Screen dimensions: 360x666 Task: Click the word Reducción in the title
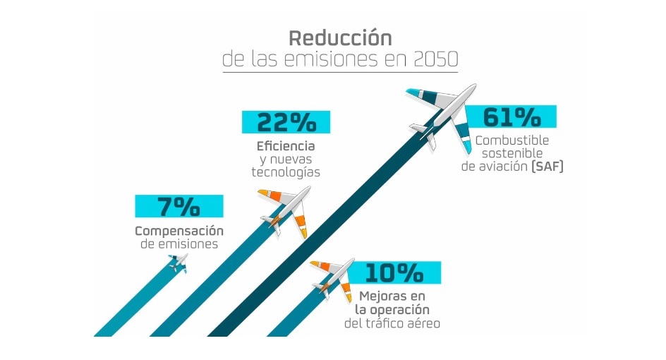(x=339, y=37)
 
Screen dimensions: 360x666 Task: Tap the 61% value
(x=511, y=117)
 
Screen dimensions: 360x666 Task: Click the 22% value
(x=286, y=123)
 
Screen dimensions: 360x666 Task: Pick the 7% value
(x=179, y=207)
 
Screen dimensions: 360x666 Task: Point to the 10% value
(x=395, y=272)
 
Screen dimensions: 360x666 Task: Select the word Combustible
(x=513, y=140)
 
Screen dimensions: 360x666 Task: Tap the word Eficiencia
(x=286, y=146)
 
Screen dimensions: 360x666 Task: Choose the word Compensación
(x=179, y=231)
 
